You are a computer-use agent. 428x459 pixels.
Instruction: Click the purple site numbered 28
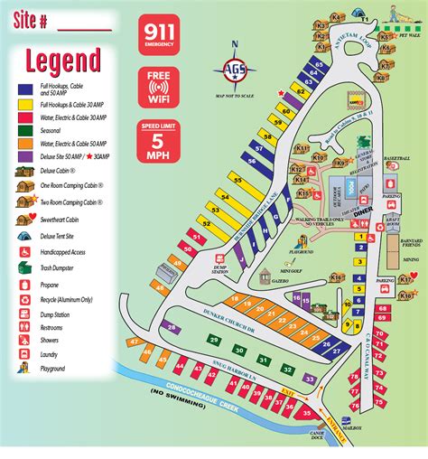point(172,327)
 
